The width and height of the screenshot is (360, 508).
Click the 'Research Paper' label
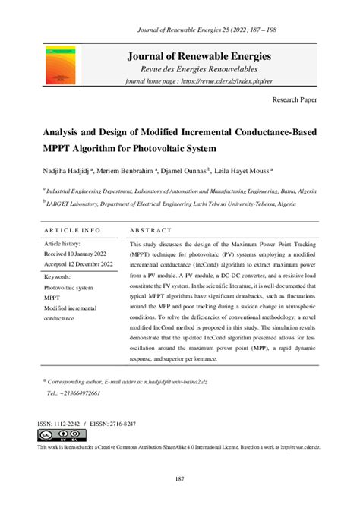[294, 99]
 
